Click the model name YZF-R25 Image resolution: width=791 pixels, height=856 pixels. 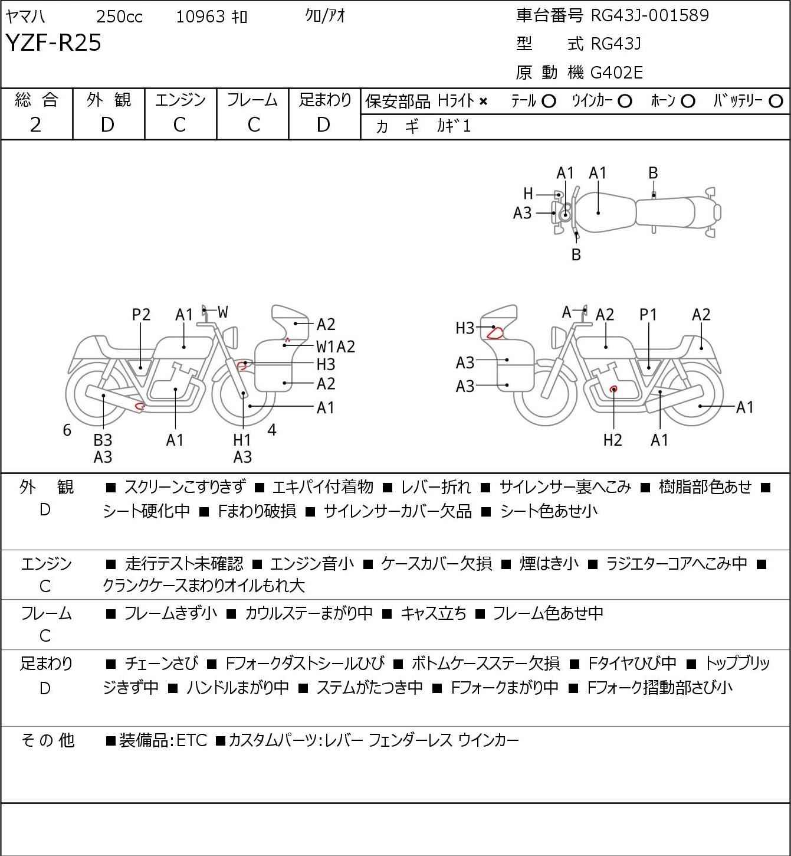point(54,43)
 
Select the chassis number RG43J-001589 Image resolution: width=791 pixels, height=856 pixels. point(649,15)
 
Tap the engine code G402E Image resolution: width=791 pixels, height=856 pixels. point(616,73)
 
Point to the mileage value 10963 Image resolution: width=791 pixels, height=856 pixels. point(201,17)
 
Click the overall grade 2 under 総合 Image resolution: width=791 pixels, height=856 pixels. point(36,125)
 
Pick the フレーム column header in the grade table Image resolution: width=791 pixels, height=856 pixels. point(252,100)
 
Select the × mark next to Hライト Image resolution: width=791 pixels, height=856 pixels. point(484,102)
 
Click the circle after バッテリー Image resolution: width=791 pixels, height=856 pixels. point(776,102)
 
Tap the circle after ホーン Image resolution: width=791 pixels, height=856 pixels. point(688,102)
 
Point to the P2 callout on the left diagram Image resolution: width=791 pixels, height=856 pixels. point(141,315)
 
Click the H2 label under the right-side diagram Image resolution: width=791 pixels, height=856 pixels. point(613,440)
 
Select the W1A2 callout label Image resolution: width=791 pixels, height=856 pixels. point(336,347)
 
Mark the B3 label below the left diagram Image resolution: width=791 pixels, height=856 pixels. point(103,440)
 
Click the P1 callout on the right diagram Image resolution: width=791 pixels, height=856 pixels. point(648,315)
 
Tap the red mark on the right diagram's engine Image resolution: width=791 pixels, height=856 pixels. point(613,389)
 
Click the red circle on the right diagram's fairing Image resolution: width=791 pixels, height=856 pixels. point(495,333)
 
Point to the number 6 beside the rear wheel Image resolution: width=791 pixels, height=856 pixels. point(67,430)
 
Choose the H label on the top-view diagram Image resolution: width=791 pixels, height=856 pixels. point(528,194)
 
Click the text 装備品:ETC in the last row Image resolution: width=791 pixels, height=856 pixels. point(163,740)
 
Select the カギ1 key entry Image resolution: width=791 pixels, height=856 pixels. point(454,126)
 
